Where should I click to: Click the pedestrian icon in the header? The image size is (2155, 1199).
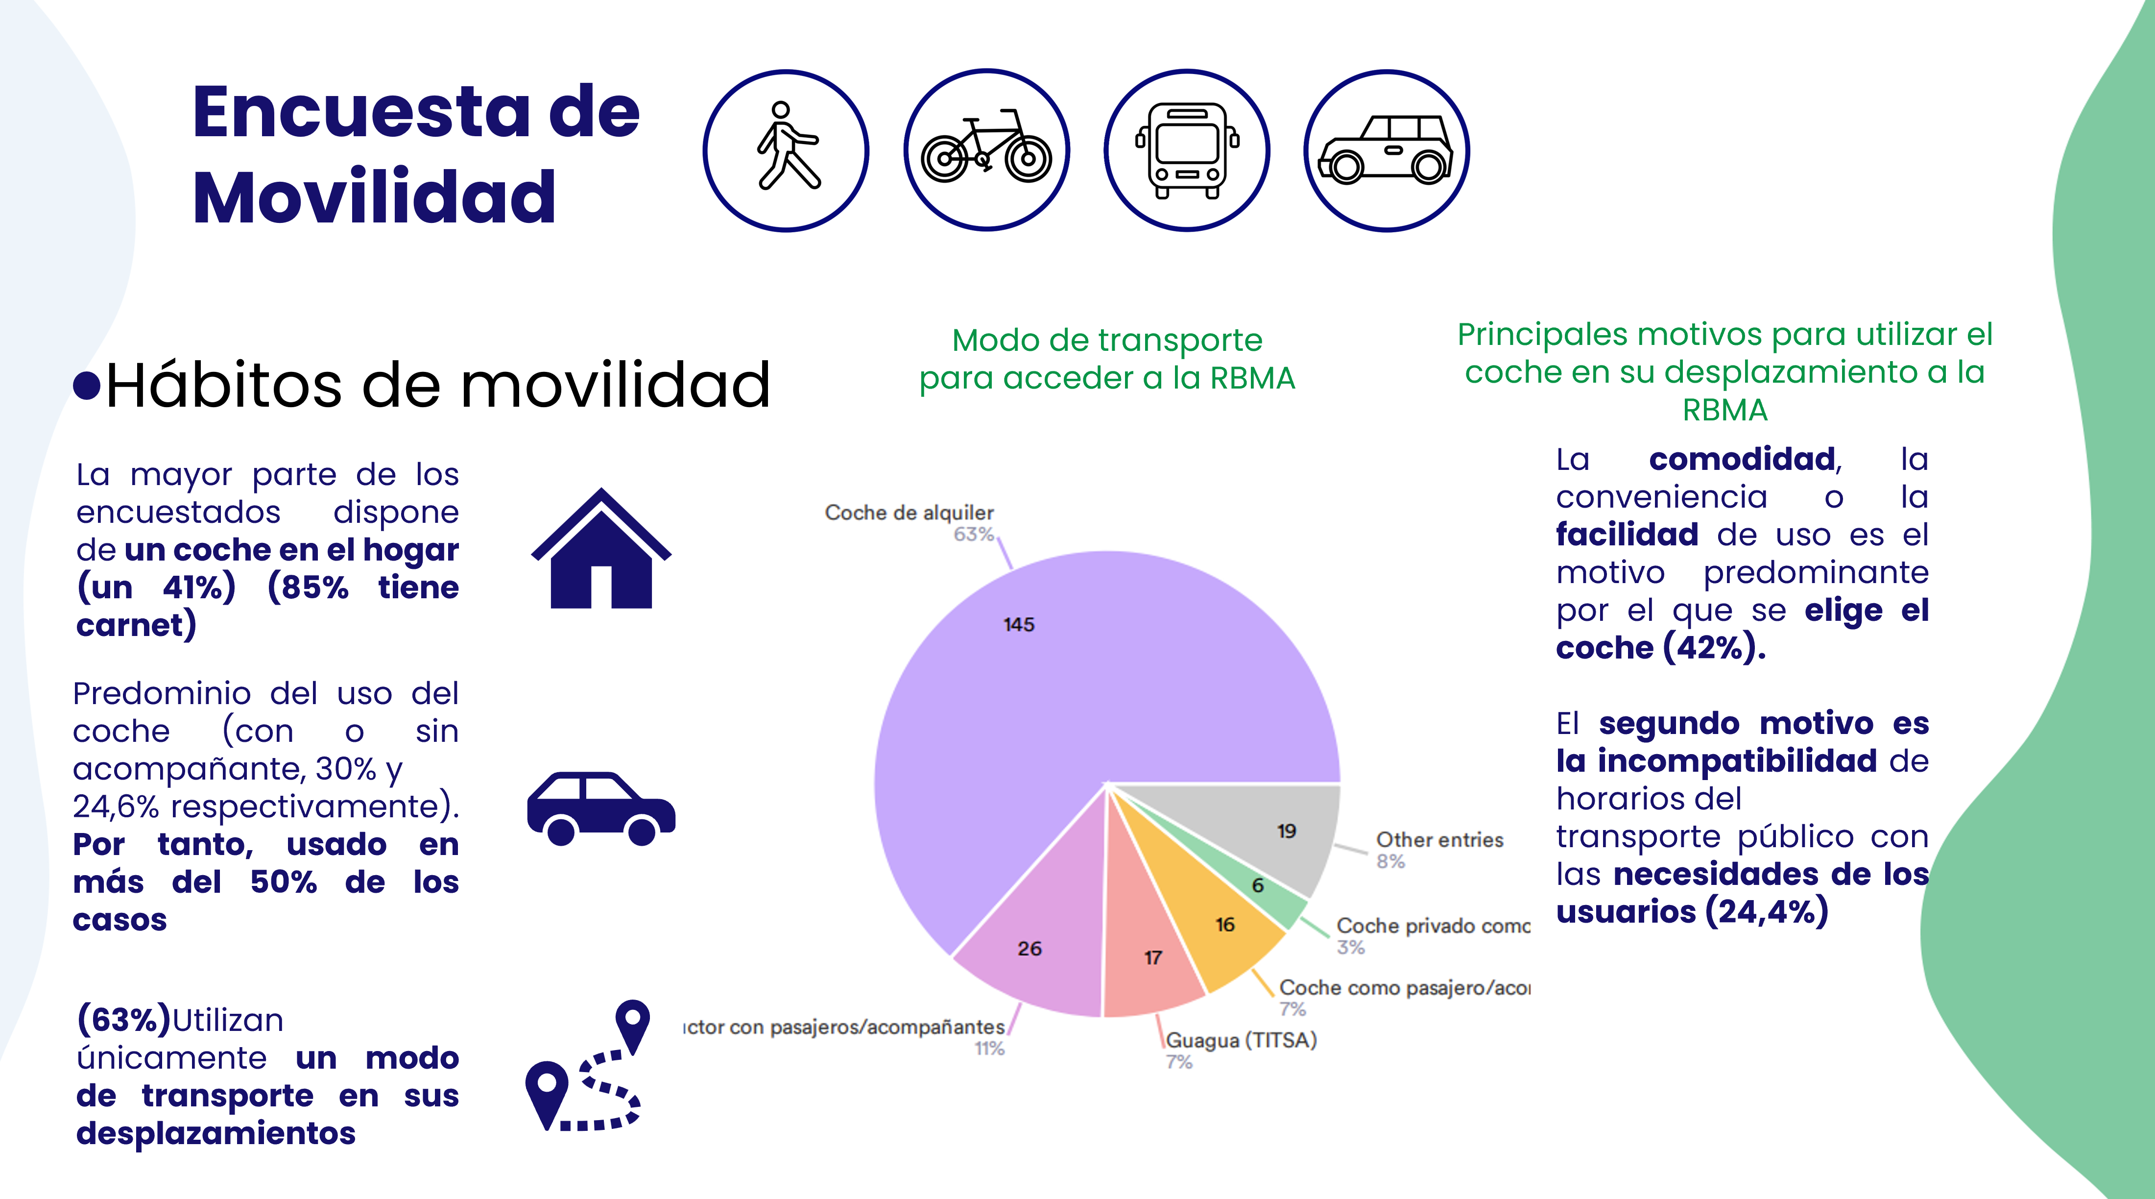tap(787, 150)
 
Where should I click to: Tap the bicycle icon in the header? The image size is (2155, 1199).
tap(986, 150)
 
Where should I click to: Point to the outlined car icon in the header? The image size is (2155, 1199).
tap(1386, 150)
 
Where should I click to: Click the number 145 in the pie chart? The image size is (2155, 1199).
tap(1018, 624)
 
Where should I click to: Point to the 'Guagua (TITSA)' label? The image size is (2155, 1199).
tap(1242, 1040)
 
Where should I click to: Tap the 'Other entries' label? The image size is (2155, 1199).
tap(1439, 839)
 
